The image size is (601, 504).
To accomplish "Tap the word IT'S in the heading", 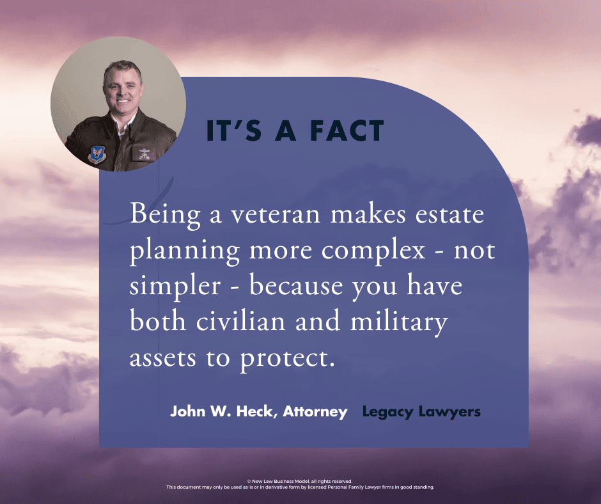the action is tap(234, 130).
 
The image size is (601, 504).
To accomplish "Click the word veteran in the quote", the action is tap(275, 214).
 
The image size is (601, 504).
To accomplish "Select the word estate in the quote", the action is tap(449, 214).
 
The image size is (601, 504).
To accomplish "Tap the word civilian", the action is tap(240, 321).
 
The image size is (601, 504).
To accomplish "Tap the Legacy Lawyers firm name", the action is tap(421, 413).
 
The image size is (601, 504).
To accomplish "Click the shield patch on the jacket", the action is tap(97, 154).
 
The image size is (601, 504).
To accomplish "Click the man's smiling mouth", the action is tap(123, 101).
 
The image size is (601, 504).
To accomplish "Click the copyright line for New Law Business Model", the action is tap(300, 481).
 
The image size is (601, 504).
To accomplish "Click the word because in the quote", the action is tap(296, 287).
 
